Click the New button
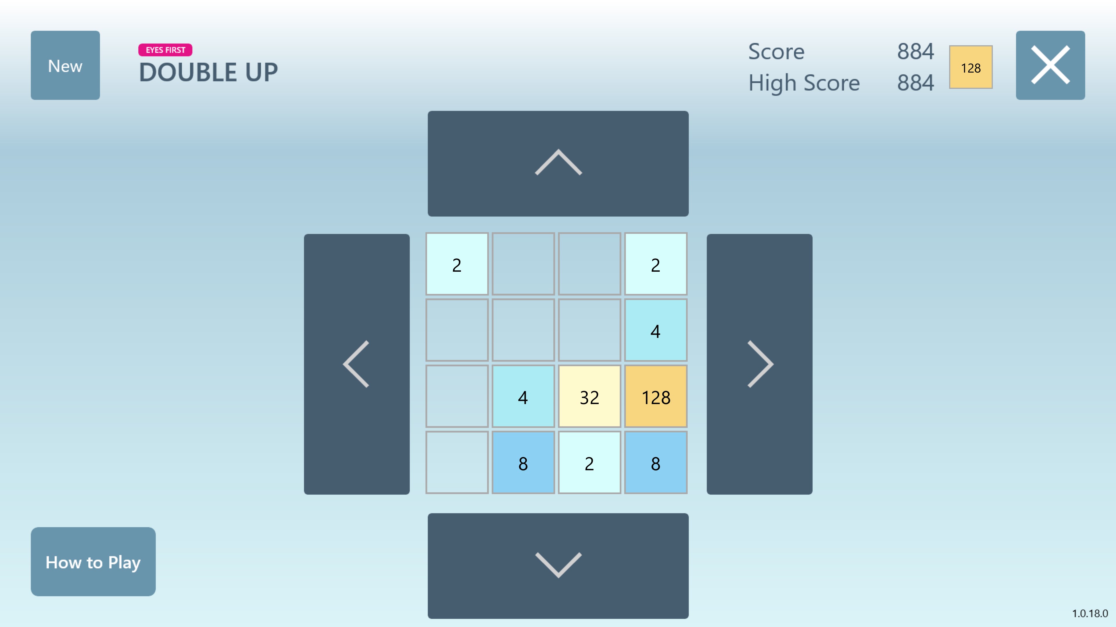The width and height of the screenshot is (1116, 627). pos(65,65)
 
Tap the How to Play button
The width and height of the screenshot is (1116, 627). pos(93,562)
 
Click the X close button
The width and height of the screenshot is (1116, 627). pos(1050,65)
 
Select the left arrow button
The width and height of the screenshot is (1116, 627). pos(357,364)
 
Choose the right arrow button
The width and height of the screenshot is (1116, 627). pos(759,364)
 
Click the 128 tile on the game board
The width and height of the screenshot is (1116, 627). pos(655,396)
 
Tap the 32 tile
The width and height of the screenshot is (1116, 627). pos(589,396)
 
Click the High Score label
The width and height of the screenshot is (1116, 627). pos(804,83)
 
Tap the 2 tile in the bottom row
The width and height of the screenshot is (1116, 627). pos(589,463)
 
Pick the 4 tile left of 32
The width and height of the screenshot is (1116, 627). pos(523,396)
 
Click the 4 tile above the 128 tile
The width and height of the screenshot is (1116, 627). pos(655,330)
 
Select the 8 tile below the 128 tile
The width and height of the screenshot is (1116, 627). pos(655,463)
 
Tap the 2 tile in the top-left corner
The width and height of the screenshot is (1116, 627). pos(457,264)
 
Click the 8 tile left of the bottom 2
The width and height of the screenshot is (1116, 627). pos(523,463)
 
